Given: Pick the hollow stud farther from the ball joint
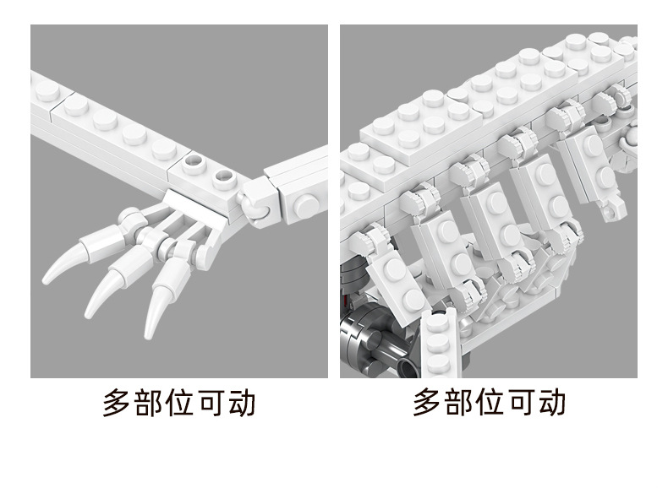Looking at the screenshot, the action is (x=194, y=164).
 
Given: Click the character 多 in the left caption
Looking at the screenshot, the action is (x=118, y=402).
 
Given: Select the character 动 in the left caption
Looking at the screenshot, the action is (x=242, y=402).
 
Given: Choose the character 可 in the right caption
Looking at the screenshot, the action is (x=521, y=402).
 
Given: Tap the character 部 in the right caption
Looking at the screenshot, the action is (x=459, y=402).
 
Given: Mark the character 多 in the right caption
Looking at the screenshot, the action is (x=427, y=402).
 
